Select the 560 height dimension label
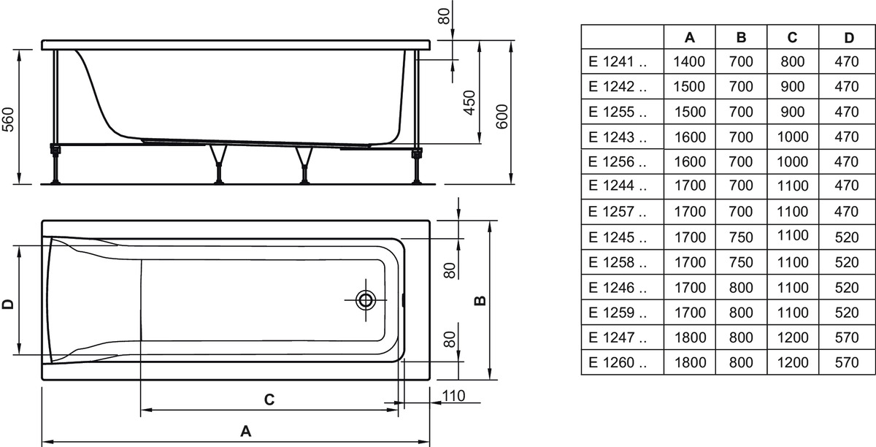tap(8, 119)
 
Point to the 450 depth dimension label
tap(469, 102)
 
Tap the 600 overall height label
tap(502, 116)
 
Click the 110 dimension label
tap(453, 396)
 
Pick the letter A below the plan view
tap(245, 431)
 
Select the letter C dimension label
tap(269, 400)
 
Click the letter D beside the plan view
tap(8, 304)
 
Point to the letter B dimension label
tap(480, 300)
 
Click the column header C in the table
tap(792, 37)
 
